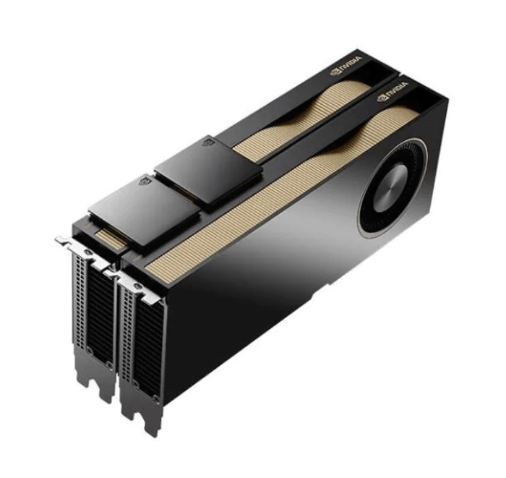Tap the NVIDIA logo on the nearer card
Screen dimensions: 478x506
pyautogui.click(x=393, y=92)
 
